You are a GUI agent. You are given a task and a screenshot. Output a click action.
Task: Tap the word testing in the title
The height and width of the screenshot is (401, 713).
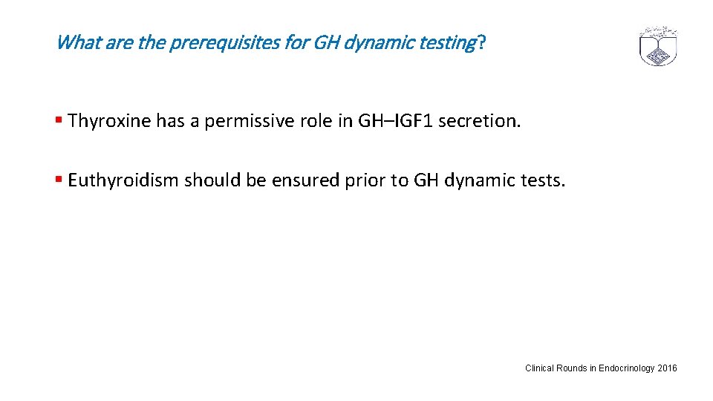444,42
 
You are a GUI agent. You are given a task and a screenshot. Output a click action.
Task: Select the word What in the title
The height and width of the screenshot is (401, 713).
77,42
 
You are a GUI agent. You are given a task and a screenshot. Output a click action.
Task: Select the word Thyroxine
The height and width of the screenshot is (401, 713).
108,121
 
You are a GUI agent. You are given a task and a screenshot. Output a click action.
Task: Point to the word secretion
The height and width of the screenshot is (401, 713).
480,121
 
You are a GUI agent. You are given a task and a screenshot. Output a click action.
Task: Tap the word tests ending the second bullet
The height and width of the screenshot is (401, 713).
545,180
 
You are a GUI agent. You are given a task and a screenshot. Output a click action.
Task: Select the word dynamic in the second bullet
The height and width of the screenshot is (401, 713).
484,180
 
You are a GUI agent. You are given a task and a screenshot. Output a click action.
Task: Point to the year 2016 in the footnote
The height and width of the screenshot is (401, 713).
668,368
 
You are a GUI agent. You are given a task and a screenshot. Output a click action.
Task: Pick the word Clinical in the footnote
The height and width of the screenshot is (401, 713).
539,368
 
